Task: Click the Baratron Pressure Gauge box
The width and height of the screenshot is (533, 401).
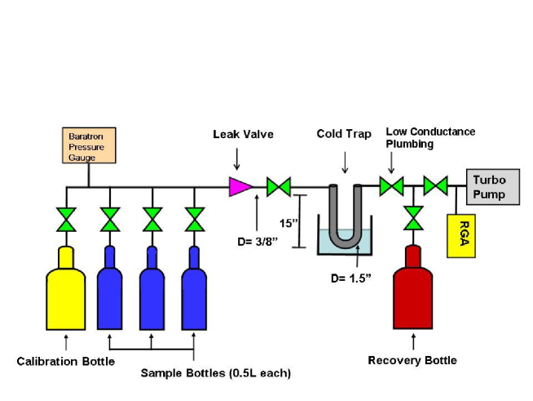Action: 90,145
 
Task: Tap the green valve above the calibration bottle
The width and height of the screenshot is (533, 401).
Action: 66,220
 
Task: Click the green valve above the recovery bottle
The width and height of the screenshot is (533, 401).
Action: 413,219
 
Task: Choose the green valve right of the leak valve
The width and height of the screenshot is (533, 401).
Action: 280,188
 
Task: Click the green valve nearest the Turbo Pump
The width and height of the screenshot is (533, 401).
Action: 435,187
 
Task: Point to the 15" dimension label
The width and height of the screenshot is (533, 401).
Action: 286,222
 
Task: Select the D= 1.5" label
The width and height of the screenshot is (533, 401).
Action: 351,278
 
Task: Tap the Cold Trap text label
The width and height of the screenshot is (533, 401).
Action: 344,134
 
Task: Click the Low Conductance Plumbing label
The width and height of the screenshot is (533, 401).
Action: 429,138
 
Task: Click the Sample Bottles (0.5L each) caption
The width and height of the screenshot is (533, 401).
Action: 215,373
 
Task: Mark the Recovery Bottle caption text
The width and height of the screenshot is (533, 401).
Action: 412,360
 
